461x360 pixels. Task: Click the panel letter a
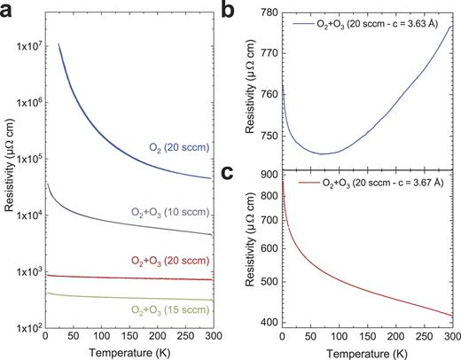pos(8,9)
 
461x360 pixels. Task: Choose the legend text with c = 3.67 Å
pos(377,182)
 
